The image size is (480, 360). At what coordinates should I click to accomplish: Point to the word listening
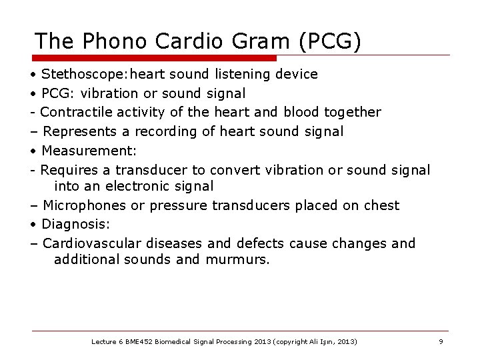(x=244, y=74)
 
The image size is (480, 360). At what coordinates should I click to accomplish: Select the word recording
(x=164, y=131)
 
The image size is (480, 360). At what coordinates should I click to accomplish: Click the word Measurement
(x=79, y=151)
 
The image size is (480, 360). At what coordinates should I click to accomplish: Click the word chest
(x=380, y=205)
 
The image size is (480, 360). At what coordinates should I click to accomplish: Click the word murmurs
(x=237, y=259)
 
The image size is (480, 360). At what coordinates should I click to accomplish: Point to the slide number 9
(x=441, y=341)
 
